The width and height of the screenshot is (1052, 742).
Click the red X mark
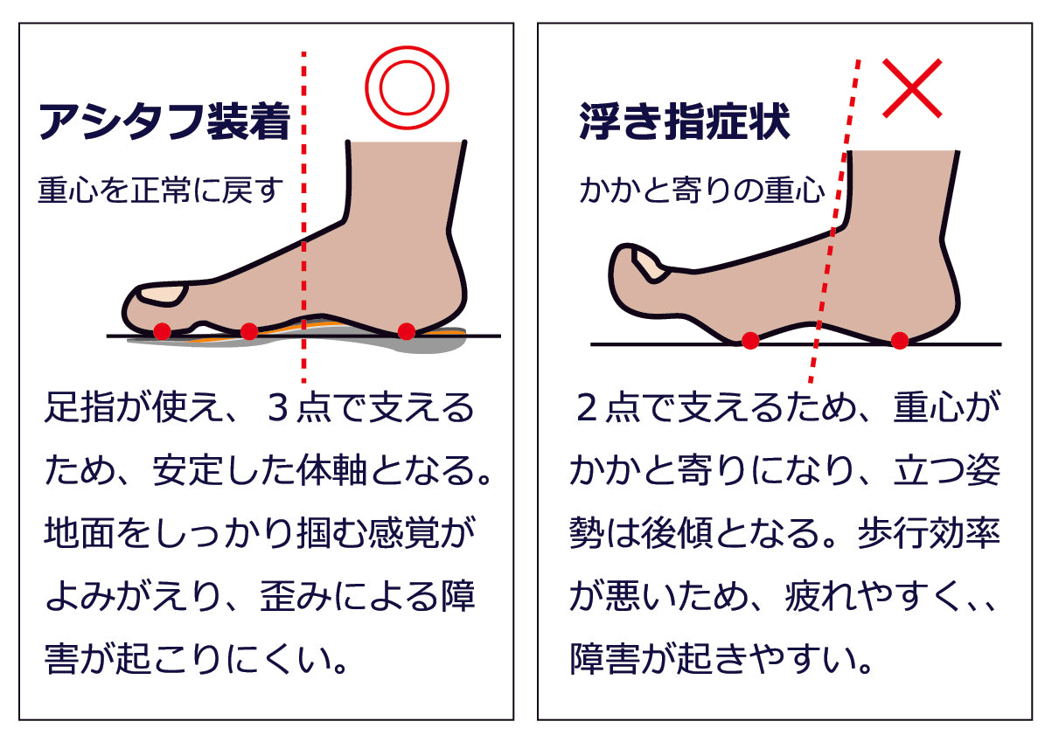coord(912,87)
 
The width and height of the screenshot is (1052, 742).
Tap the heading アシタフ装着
coord(165,121)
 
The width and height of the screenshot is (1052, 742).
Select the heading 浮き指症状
coord(685,121)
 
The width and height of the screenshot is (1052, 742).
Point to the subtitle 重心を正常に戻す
coord(161,191)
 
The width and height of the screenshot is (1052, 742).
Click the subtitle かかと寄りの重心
coord(702,191)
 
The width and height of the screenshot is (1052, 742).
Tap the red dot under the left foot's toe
coord(162,331)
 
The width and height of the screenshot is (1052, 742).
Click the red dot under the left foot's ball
coord(249,331)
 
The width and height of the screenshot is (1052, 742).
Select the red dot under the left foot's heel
coord(407,331)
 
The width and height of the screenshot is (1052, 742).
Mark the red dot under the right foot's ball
coord(750,340)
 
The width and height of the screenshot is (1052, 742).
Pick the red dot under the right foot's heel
coord(899,340)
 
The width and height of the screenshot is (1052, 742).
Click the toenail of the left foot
coord(162,295)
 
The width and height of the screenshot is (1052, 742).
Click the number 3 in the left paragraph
coord(277,407)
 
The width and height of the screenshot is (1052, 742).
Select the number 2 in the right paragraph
coord(587,407)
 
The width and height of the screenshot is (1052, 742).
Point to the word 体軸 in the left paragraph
coord(331,470)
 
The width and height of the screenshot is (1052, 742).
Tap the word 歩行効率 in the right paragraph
coord(929,533)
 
